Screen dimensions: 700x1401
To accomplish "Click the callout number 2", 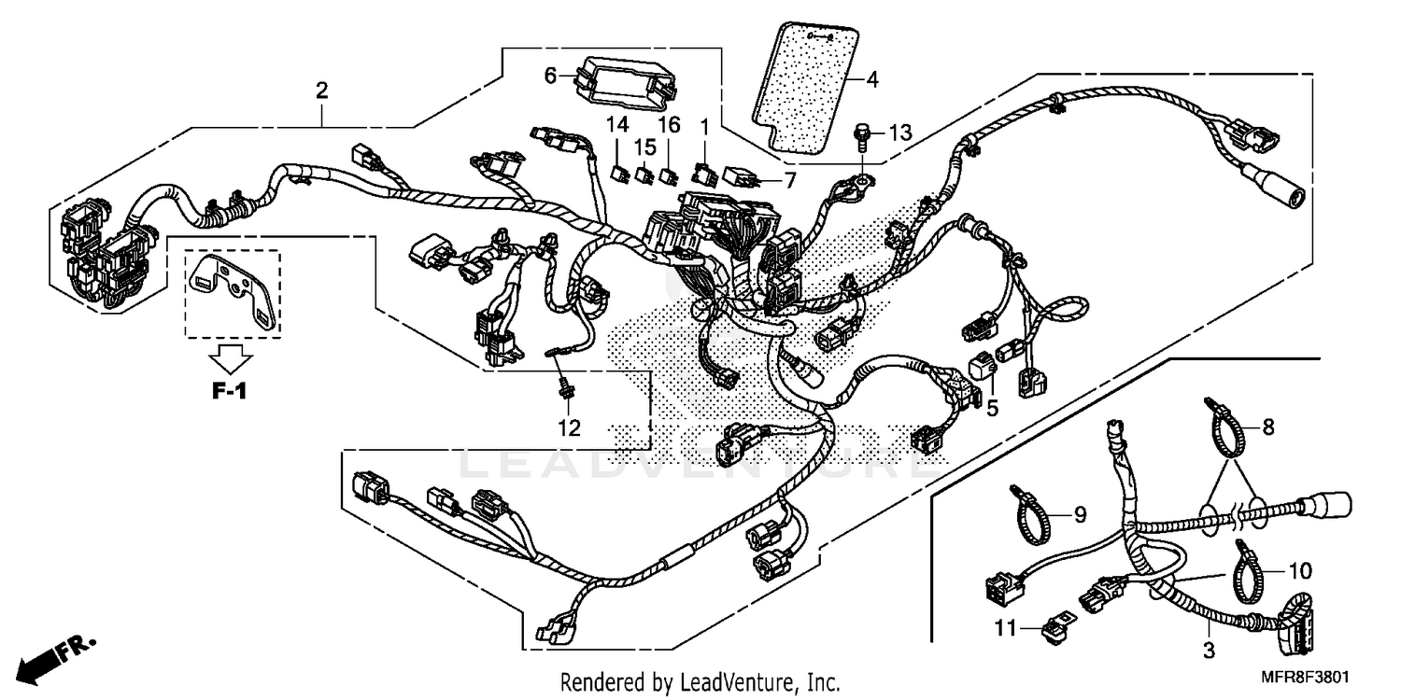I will tap(322, 91).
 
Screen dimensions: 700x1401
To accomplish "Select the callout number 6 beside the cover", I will tap(550, 75).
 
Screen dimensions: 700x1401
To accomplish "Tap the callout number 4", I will tap(872, 79).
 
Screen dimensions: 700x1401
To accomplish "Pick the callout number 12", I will tap(569, 428).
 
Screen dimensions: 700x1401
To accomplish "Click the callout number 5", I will tap(992, 407).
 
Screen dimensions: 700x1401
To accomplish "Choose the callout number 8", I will tap(1267, 428).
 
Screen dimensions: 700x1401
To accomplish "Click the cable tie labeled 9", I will tap(1028, 516).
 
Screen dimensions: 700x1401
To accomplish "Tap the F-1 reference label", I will tap(229, 392).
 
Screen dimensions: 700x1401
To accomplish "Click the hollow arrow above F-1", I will tap(230, 357).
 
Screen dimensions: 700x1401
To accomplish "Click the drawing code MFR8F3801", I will tap(1312, 678).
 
